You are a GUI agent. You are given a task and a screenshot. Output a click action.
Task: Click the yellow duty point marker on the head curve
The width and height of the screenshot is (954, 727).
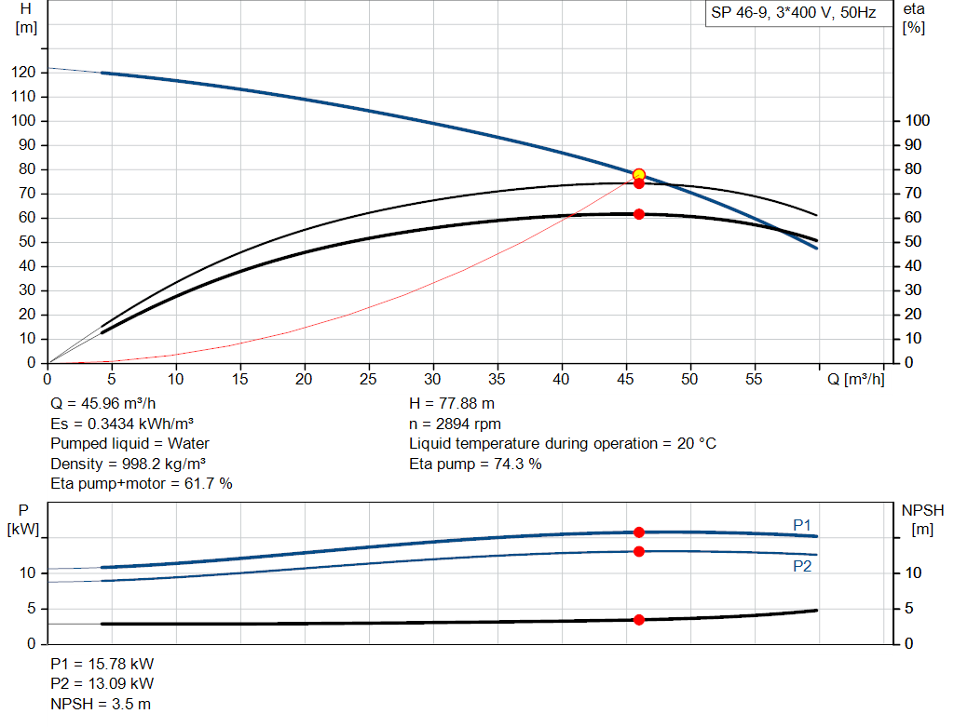(639, 175)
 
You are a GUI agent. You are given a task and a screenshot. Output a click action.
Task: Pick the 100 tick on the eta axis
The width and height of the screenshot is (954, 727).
(918, 121)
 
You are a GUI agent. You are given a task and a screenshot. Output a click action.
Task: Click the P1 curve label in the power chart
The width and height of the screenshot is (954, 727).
(802, 526)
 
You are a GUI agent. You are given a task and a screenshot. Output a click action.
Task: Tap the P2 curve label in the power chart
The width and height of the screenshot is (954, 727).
(802, 565)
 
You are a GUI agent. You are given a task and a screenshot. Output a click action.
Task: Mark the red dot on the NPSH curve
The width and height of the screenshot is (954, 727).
(639, 620)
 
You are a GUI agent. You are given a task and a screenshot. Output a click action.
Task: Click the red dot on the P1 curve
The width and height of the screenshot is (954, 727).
(639, 532)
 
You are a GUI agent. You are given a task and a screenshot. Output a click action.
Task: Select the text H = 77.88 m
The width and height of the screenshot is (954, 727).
(453, 404)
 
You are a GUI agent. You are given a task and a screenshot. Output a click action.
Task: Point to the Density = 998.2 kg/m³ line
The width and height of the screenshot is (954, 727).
(128, 464)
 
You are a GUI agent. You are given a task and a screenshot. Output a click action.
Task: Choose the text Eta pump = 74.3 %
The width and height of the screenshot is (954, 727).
(475, 464)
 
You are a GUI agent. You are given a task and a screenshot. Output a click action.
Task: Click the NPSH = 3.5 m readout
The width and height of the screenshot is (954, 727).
(100, 704)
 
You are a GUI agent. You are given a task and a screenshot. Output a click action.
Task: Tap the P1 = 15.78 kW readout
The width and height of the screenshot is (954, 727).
(102, 665)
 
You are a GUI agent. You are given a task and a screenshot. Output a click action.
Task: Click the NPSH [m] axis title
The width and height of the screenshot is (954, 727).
(922, 519)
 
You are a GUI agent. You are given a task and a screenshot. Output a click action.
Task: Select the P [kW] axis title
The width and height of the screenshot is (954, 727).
(23, 519)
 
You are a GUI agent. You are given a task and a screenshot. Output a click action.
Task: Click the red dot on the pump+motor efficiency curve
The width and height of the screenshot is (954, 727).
(639, 214)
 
